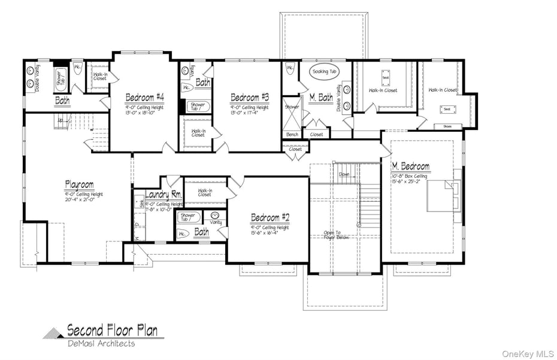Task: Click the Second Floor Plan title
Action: tap(112, 330)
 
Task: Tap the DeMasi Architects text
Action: tap(101, 343)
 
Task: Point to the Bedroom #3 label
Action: tap(250, 97)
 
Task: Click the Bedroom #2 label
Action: tap(270, 217)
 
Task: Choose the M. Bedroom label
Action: tap(410, 166)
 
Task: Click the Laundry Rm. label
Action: tap(164, 195)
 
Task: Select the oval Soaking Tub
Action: tap(324, 72)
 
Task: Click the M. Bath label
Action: tap(321, 97)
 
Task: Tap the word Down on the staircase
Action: tap(344, 174)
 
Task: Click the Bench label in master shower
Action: tap(292, 135)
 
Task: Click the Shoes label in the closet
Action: tap(448, 126)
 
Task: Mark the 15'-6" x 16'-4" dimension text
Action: tap(270, 232)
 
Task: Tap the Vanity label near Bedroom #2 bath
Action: tap(216, 222)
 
